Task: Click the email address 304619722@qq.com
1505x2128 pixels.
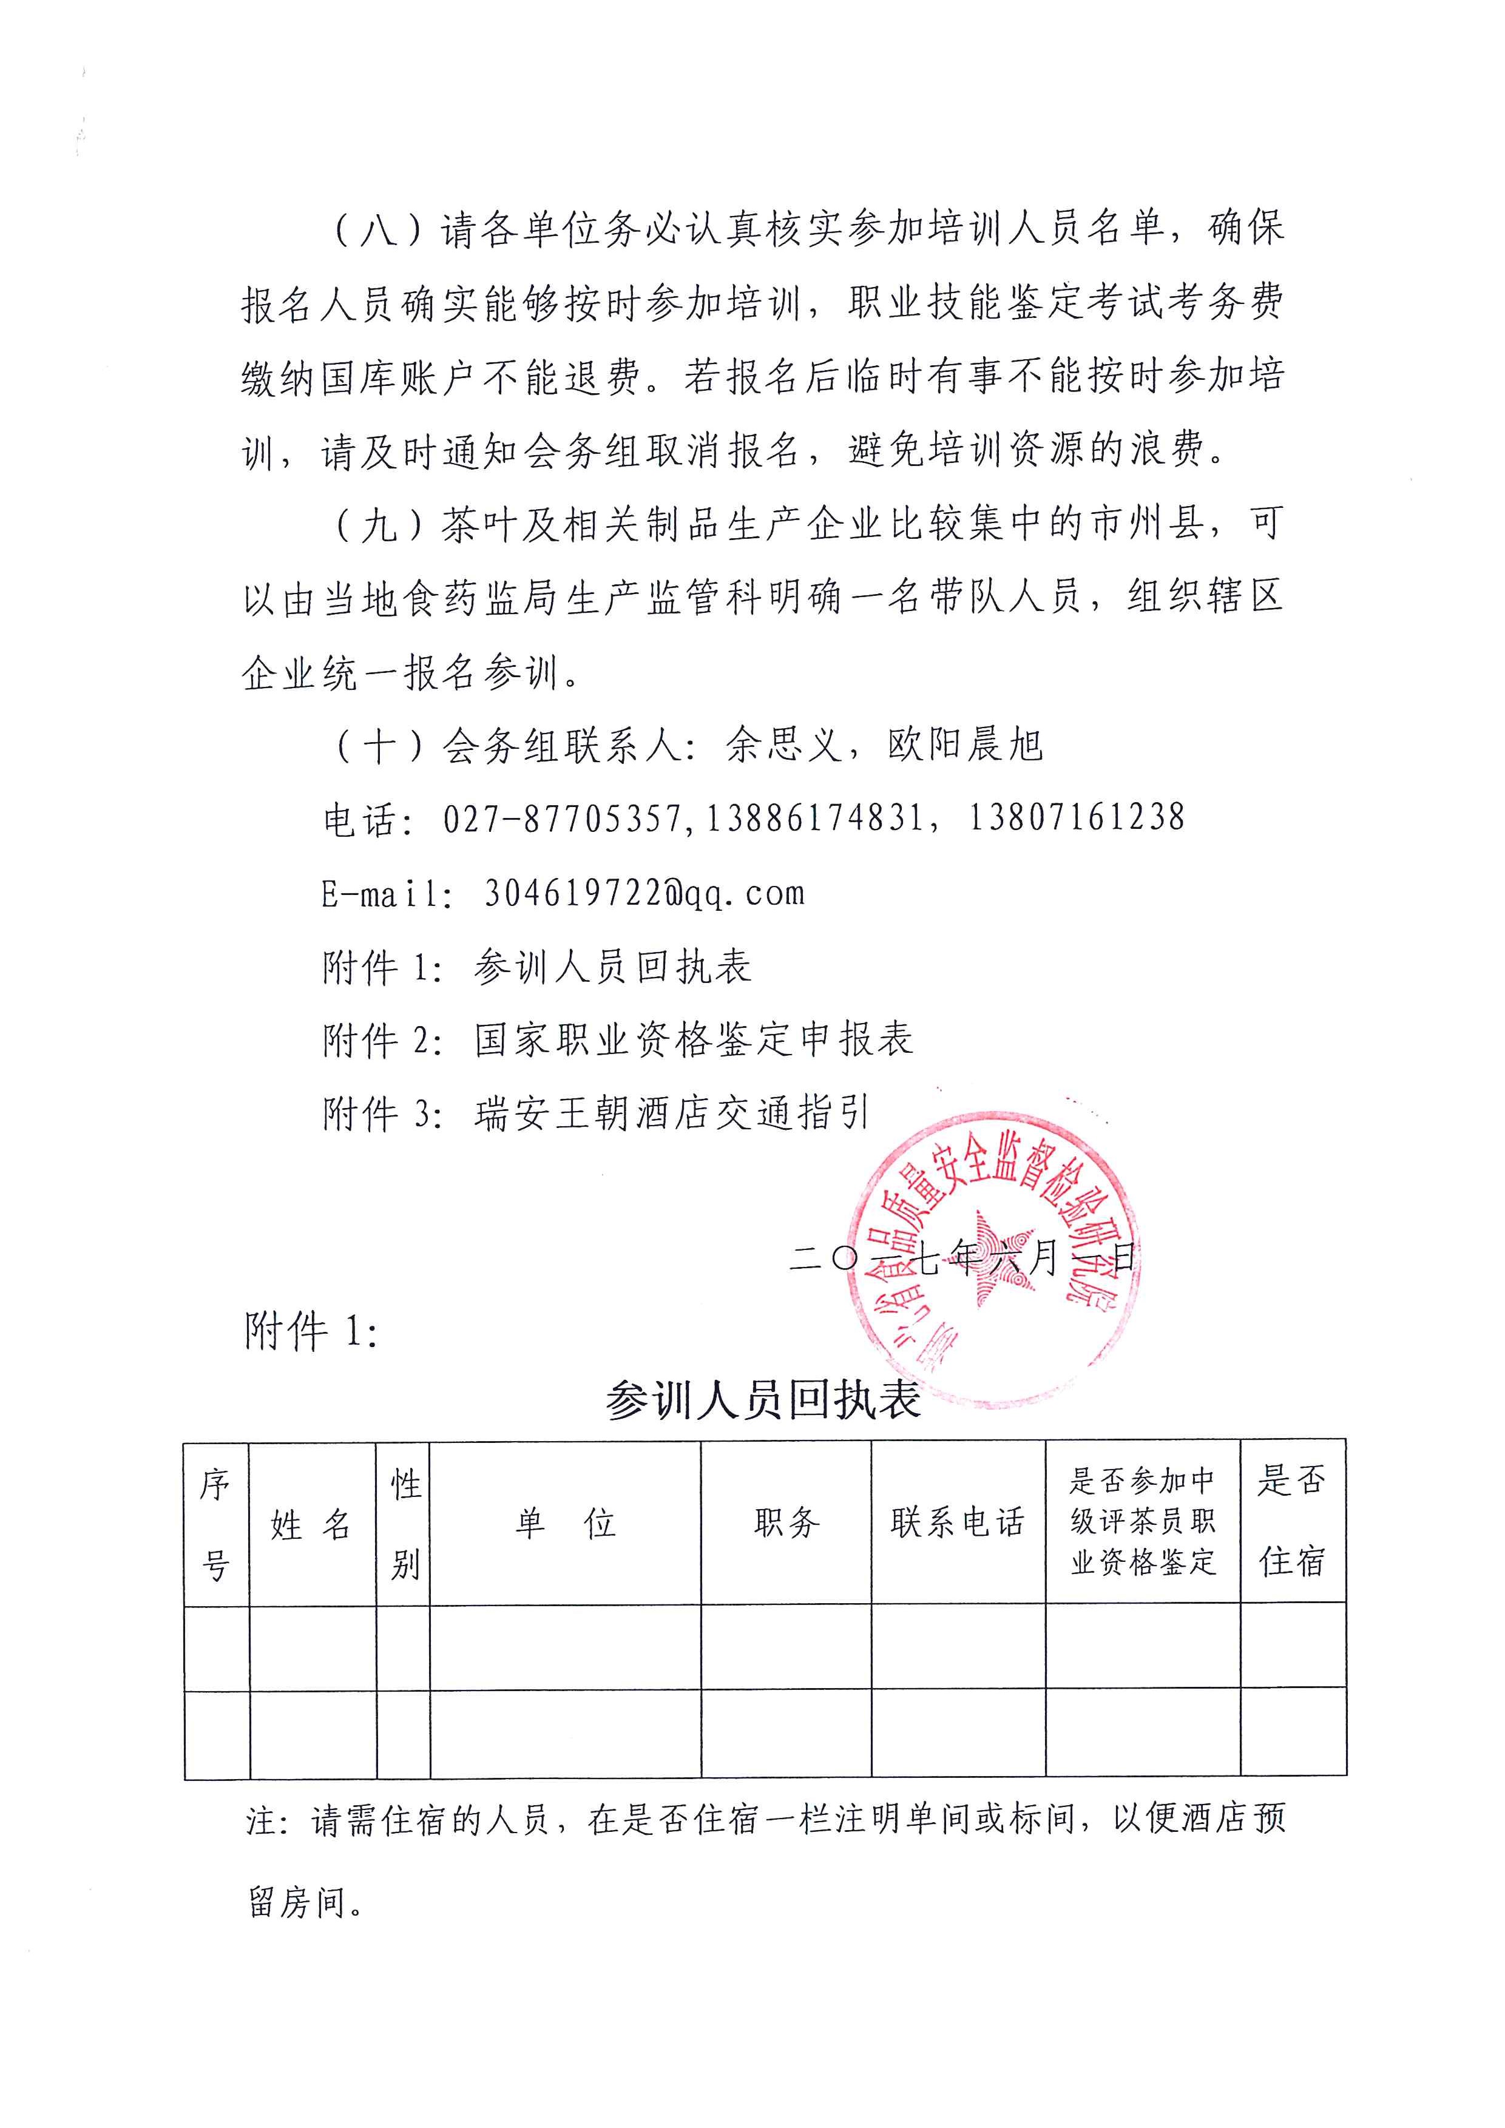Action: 644,893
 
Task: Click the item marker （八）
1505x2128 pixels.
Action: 377,229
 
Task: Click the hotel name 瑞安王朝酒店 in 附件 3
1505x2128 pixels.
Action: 593,1113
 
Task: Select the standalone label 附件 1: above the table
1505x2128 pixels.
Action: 311,1332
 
